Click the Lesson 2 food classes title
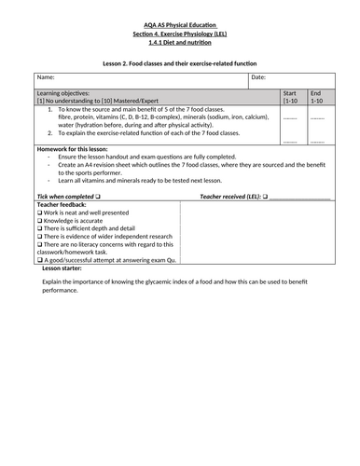pos(180,62)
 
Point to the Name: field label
pos(48,77)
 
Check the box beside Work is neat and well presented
pos(39,213)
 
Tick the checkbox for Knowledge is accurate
pos(39,221)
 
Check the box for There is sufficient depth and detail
pos(39,228)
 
